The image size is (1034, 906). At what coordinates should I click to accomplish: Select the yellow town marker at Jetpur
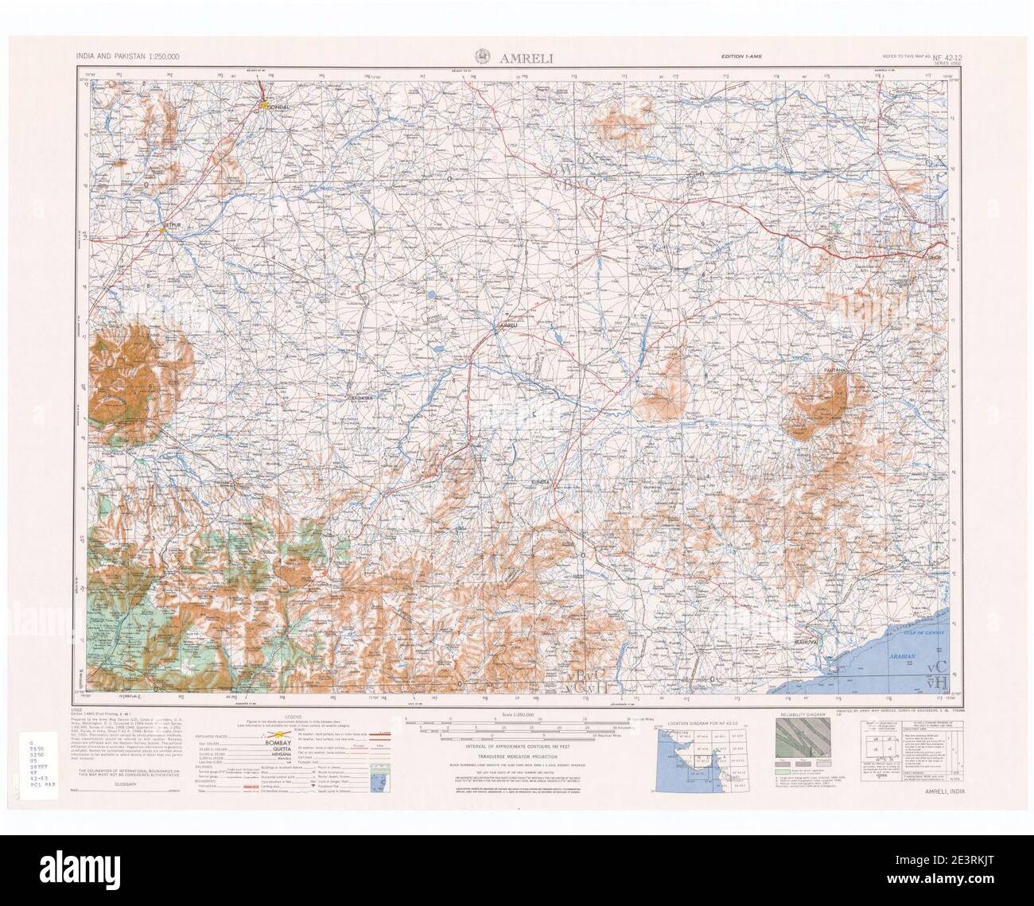(x=161, y=231)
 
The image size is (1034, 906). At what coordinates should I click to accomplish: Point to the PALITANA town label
(x=836, y=371)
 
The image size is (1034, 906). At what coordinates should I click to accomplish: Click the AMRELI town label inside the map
(x=507, y=325)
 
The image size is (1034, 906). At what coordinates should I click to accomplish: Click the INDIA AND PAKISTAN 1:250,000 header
(x=127, y=56)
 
